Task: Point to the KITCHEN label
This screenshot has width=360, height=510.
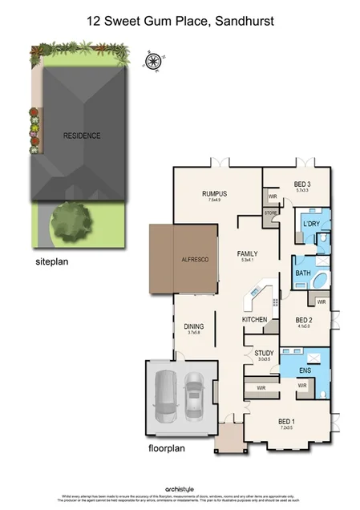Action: (x=254, y=319)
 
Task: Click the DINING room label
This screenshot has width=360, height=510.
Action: (x=193, y=326)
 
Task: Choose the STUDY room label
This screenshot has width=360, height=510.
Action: (x=264, y=353)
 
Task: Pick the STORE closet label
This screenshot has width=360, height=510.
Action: (x=270, y=213)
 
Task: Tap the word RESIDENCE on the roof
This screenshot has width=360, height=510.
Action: (x=82, y=136)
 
